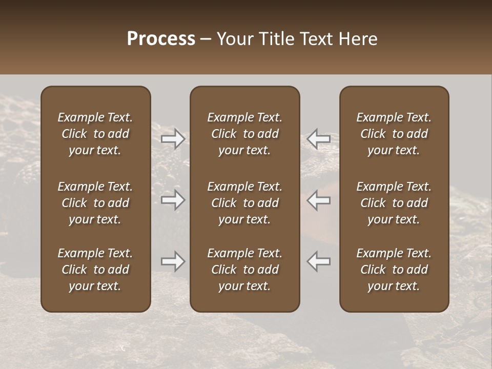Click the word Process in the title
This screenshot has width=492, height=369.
[x=161, y=39]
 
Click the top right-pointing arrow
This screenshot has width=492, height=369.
[x=173, y=139]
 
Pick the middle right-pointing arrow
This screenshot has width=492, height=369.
[x=173, y=200]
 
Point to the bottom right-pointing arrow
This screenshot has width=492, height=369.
[x=173, y=261]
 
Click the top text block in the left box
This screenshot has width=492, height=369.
[x=95, y=134]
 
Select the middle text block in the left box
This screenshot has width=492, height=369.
[x=95, y=203]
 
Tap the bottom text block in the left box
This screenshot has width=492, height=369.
[x=95, y=270]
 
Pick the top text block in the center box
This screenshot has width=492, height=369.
[x=244, y=134]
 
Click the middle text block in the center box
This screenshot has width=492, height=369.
[x=244, y=203]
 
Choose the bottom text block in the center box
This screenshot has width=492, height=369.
[x=244, y=270]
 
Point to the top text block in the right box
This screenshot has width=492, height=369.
[x=394, y=134]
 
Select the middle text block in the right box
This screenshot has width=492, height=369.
[x=394, y=203]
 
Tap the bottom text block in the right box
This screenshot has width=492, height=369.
[x=394, y=270]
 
